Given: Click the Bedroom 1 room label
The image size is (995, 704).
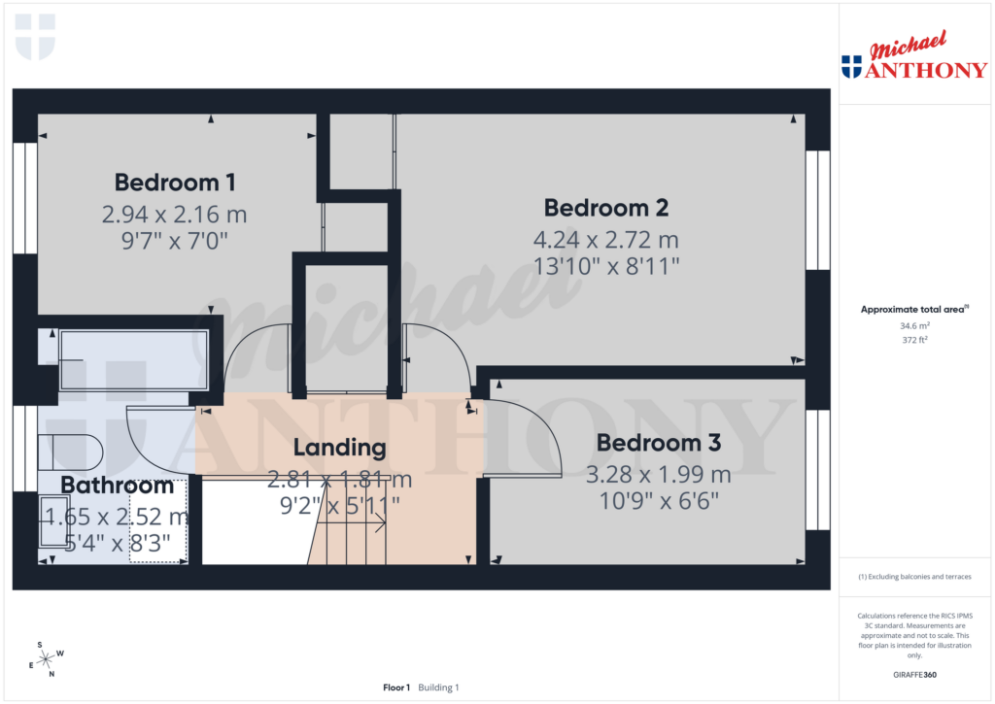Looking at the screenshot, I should pos(175,182).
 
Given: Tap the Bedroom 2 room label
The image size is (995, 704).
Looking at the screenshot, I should pos(605,208).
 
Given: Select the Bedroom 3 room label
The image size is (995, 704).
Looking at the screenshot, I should pos(658,444).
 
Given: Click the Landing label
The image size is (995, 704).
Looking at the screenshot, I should pos(339,448).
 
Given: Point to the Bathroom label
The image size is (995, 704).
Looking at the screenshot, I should pos(118,486).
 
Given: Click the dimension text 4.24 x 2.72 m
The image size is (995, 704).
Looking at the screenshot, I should pos(605,239).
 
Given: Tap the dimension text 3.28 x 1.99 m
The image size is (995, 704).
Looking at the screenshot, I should pos(658,475).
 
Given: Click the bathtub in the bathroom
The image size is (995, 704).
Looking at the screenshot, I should pos(133,360).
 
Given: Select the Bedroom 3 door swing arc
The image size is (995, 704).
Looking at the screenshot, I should pos(534,437).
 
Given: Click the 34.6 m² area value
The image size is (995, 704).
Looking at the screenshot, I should pos(913,326).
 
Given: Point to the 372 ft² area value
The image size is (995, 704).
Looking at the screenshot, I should pos(913,340).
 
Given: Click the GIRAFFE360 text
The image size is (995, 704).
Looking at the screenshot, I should pos(914,675).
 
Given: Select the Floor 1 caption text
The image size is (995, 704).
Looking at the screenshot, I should pos(396,687).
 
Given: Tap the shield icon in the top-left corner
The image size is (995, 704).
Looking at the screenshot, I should pos(36,37).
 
